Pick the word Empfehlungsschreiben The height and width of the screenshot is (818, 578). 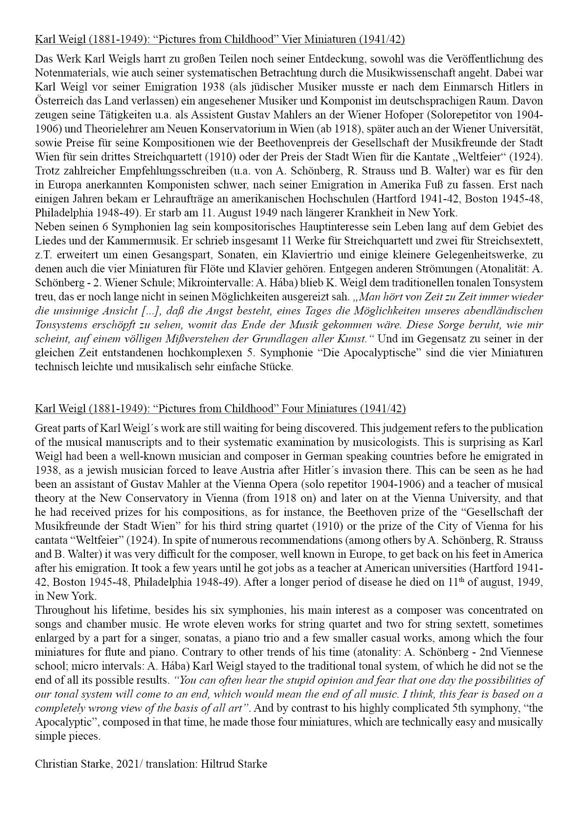click(x=155, y=170)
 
